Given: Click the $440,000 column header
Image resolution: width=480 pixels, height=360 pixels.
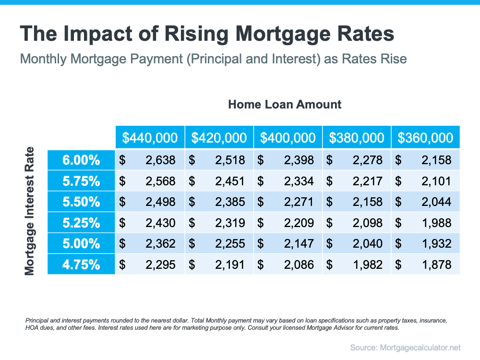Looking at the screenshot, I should (150, 138).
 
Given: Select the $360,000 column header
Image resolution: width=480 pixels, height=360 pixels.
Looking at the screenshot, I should (425, 138).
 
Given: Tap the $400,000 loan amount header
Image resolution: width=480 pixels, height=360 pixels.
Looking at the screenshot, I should (288, 138).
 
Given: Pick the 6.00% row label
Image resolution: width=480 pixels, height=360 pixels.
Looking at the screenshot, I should (81, 160).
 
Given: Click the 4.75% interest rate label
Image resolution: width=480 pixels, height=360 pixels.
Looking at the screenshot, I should (81, 264).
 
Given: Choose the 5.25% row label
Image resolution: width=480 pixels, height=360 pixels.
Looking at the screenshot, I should (81, 223).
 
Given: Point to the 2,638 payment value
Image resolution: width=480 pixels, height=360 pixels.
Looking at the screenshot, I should (160, 160).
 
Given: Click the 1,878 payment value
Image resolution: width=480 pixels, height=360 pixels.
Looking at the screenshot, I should (436, 264).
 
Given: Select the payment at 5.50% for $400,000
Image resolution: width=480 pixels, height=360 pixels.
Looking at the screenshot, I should (299, 202).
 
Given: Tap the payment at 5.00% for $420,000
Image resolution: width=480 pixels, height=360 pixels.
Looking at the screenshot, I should (230, 243).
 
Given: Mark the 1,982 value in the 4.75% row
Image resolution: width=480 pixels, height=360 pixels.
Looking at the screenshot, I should (368, 264).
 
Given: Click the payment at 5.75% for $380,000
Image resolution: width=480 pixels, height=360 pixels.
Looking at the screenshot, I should (368, 181).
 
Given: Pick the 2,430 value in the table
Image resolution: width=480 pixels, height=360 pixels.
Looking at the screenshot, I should (160, 223).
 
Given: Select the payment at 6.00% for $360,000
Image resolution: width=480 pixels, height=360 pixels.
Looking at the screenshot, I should (436, 160).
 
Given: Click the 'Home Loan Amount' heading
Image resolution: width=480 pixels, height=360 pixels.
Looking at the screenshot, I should (285, 104).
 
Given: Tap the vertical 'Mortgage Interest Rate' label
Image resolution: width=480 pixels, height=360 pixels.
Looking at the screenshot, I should (30, 211).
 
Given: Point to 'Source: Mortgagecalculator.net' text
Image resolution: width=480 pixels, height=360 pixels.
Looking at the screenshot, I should (405, 347).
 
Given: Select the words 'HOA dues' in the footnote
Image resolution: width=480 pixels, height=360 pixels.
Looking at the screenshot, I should (36, 328).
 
